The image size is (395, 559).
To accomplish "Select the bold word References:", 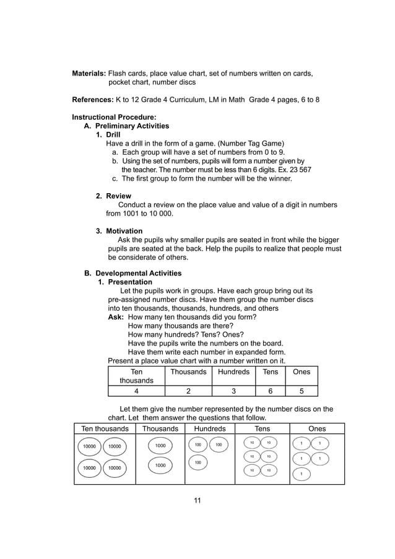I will coord(92,100).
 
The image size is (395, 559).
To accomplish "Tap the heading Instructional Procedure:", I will coord(114,117).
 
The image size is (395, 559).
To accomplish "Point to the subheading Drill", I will coord(113,134).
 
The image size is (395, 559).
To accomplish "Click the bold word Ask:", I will coord(116,316).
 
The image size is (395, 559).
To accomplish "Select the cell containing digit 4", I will coord(136,391).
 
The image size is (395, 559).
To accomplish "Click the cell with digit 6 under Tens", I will coord(270,391).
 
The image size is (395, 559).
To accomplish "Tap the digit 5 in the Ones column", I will coord(301,391).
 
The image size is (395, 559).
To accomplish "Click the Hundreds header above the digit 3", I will coord(233,372).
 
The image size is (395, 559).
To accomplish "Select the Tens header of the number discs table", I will coord(263,428).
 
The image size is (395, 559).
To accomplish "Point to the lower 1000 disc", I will coord(160,465).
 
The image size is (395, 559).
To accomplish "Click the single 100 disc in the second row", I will coord(197,462).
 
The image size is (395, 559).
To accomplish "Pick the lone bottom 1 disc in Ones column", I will coord(301,474).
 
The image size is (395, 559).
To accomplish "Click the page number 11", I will coord(197,500).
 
